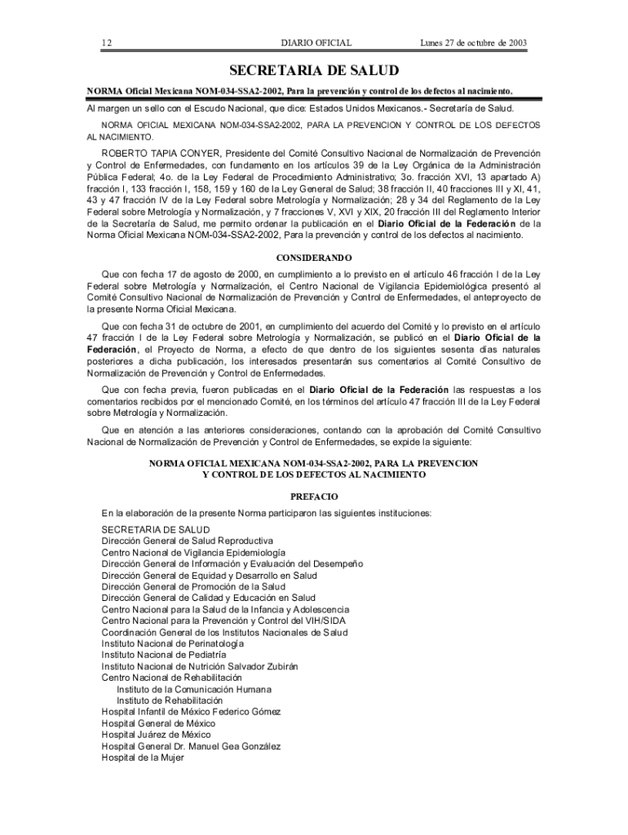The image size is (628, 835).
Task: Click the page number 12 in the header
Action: coord(106,42)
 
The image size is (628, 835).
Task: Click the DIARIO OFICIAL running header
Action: coord(316,42)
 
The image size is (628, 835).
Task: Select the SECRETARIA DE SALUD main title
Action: coord(314,72)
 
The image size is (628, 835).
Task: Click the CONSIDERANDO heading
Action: coord(314,258)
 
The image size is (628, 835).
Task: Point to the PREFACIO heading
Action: coord(314,497)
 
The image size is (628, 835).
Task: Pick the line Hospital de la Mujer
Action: coord(143,757)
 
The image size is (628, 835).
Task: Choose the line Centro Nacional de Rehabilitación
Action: coord(172,677)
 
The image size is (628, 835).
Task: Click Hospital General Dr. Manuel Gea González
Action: coord(191,745)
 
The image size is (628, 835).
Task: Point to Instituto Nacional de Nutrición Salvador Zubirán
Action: coord(200,665)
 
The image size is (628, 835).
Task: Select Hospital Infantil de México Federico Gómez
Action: coord(191,711)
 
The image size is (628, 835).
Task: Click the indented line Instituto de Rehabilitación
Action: coord(170,700)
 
